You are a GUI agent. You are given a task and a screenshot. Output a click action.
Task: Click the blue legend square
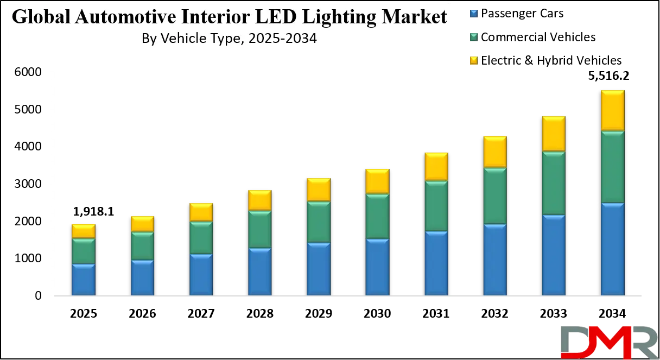[473, 12]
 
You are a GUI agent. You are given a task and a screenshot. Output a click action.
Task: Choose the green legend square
[473, 37]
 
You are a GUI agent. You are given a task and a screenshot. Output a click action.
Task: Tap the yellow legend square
[473, 61]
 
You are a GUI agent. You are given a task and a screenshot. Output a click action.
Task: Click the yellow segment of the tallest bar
[612, 110]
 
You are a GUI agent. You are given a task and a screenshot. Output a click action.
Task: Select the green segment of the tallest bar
[612, 167]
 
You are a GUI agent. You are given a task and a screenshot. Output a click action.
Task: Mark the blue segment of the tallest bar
[612, 250]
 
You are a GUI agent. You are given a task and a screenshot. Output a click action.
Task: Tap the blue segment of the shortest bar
[83, 280]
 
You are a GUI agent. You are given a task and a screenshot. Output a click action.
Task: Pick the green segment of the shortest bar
[83, 251]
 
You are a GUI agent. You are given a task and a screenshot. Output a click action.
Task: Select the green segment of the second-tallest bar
[554, 184]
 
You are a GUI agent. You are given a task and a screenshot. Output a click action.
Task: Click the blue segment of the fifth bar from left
[318, 269]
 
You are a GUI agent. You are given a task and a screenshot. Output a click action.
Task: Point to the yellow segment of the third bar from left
[201, 212]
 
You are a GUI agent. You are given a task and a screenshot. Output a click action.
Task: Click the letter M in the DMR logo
[610, 343]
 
